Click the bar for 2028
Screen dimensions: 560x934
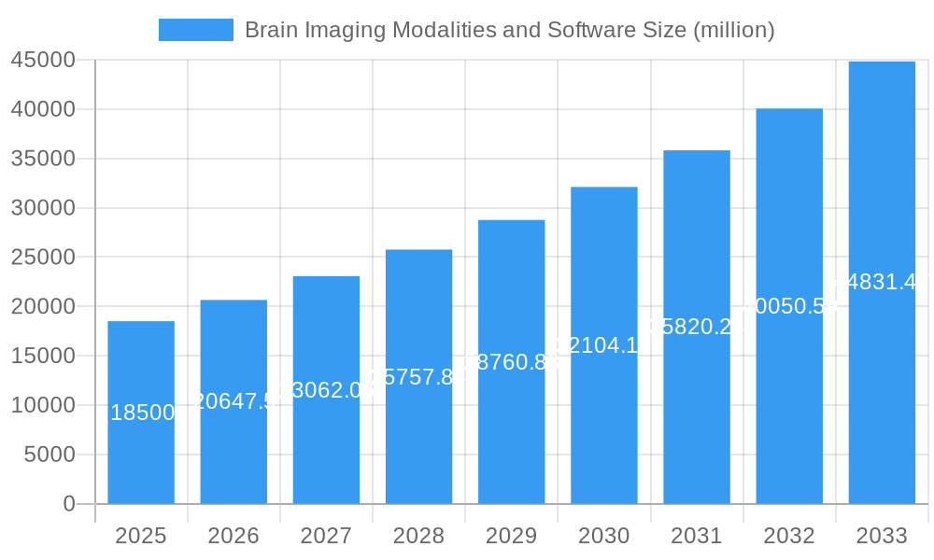tap(418, 439)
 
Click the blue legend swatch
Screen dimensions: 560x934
tap(196, 30)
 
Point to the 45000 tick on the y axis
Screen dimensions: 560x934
tap(43, 61)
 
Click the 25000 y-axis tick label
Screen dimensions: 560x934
tap(43, 258)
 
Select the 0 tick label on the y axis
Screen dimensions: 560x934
tap(69, 504)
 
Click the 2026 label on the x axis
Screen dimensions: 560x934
tap(233, 536)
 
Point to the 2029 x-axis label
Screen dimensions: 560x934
tap(511, 536)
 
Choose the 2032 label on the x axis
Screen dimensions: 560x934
tap(789, 536)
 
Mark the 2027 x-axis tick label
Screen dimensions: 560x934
tap(326, 536)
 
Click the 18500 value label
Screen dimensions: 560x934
tap(142, 413)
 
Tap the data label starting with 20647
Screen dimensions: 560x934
tap(233, 401)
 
